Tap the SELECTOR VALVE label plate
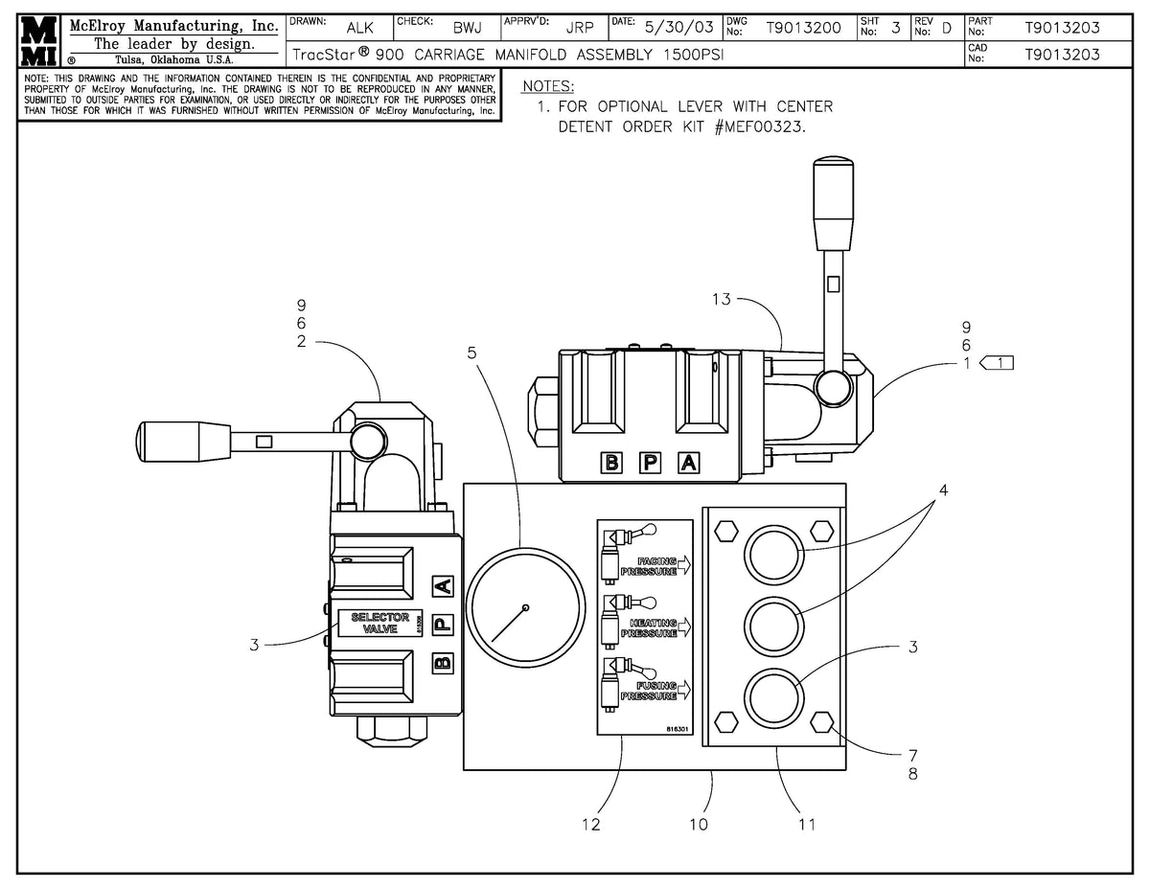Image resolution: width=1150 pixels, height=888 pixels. click(x=379, y=624)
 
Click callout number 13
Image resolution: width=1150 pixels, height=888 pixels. click(x=721, y=300)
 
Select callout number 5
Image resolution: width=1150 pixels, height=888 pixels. click(x=471, y=352)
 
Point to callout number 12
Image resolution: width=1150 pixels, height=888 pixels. click(x=591, y=824)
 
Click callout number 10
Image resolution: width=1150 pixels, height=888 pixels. click(x=699, y=824)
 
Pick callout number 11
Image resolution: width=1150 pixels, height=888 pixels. click(x=806, y=824)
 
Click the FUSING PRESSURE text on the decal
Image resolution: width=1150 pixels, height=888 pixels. click(x=650, y=692)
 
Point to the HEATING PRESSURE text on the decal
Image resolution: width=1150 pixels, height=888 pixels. click(x=654, y=627)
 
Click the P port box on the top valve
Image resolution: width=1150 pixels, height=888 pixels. click(x=650, y=464)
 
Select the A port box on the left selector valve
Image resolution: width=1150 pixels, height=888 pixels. click(x=441, y=586)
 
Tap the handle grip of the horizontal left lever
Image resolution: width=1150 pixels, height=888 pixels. click(x=185, y=441)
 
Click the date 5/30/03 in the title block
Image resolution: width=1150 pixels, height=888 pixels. click(x=679, y=28)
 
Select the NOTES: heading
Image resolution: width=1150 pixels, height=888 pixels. click(x=548, y=86)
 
